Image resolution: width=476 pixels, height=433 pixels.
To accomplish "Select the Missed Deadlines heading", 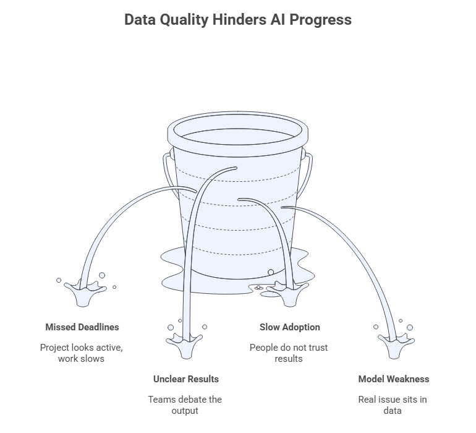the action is pos(82,327).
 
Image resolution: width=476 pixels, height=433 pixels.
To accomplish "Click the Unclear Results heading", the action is pos(186,379).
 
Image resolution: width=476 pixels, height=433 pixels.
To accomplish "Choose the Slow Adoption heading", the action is pos(290,327).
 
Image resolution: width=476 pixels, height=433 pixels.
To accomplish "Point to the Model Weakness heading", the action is pos(394,379).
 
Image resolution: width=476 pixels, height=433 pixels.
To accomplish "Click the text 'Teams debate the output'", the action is pos(185,405).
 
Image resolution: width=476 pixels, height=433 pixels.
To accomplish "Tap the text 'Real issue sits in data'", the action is pos(393,405).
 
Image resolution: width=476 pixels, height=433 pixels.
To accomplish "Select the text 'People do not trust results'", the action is pos(289,353).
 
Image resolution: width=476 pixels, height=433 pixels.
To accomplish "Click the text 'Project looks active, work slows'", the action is pos(82,353).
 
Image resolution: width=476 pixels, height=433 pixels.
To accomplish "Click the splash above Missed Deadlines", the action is pos(85,293).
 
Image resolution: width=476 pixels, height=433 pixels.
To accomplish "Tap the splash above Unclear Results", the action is pos(184,345).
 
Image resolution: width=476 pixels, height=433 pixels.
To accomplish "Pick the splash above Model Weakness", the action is pos(396,345).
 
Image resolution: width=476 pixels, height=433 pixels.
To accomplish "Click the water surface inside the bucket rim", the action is pos(238,137).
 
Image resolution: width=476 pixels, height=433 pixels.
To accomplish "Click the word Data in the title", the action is pos(140,20).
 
